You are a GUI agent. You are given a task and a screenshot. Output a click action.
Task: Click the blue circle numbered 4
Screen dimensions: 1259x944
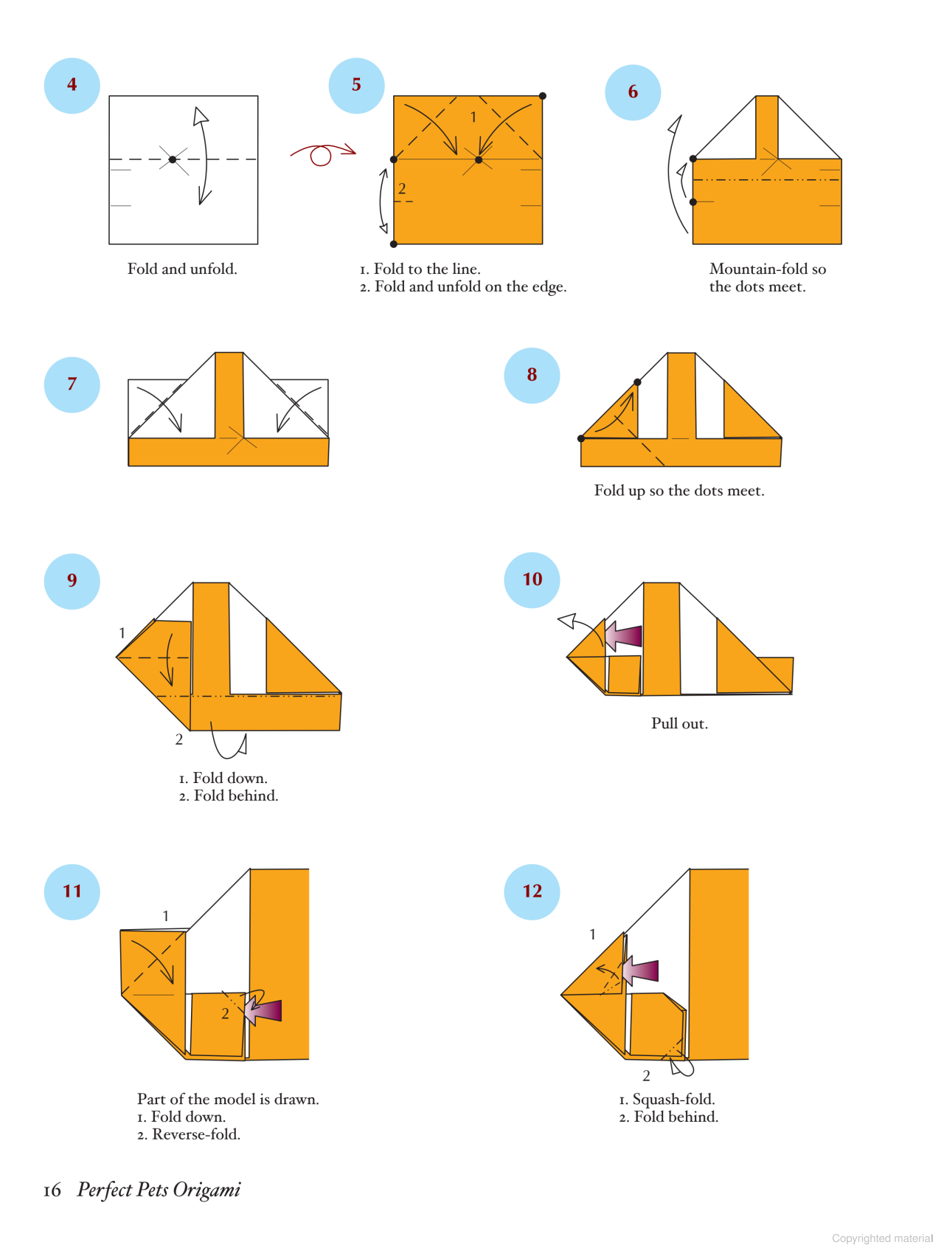[x=72, y=86]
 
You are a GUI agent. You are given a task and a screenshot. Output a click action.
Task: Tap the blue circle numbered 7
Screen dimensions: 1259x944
[x=72, y=384]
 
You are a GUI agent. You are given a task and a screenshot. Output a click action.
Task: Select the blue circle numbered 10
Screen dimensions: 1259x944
[x=532, y=580]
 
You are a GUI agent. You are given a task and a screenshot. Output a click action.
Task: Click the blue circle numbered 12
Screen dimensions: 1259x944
[x=532, y=891]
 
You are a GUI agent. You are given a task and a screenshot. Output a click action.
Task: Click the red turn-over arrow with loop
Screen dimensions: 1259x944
[x=322, y=154]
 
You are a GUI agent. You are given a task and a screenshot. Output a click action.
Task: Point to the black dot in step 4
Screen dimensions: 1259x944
[x=173, y=159]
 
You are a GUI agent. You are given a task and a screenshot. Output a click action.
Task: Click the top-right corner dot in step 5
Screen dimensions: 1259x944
[x=543, y=96]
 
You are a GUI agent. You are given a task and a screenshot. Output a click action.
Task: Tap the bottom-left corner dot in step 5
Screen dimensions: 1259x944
[x=394, y=244]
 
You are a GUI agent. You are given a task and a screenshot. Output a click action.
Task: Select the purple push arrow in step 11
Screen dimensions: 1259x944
[x=263, y=1010]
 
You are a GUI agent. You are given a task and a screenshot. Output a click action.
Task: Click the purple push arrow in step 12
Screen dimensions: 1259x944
[x=640, y=970]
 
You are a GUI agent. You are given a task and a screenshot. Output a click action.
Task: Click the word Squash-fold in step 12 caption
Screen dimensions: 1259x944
[x=673, y=1100]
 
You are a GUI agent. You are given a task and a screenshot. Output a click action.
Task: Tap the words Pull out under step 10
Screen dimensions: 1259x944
[x=679, y=724]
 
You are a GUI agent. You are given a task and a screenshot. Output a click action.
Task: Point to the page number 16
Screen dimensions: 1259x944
[x=52, y=1190]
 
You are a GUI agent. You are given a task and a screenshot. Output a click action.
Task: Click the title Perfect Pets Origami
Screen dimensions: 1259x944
[x=159, y=1190]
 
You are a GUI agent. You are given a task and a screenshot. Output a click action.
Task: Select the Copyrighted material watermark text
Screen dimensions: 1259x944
[x=882, y=1238]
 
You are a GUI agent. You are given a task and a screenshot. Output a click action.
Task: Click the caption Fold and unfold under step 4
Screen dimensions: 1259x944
[x=182, y=269]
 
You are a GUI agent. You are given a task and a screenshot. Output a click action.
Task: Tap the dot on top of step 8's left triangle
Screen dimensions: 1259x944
[x=637, y=382]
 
